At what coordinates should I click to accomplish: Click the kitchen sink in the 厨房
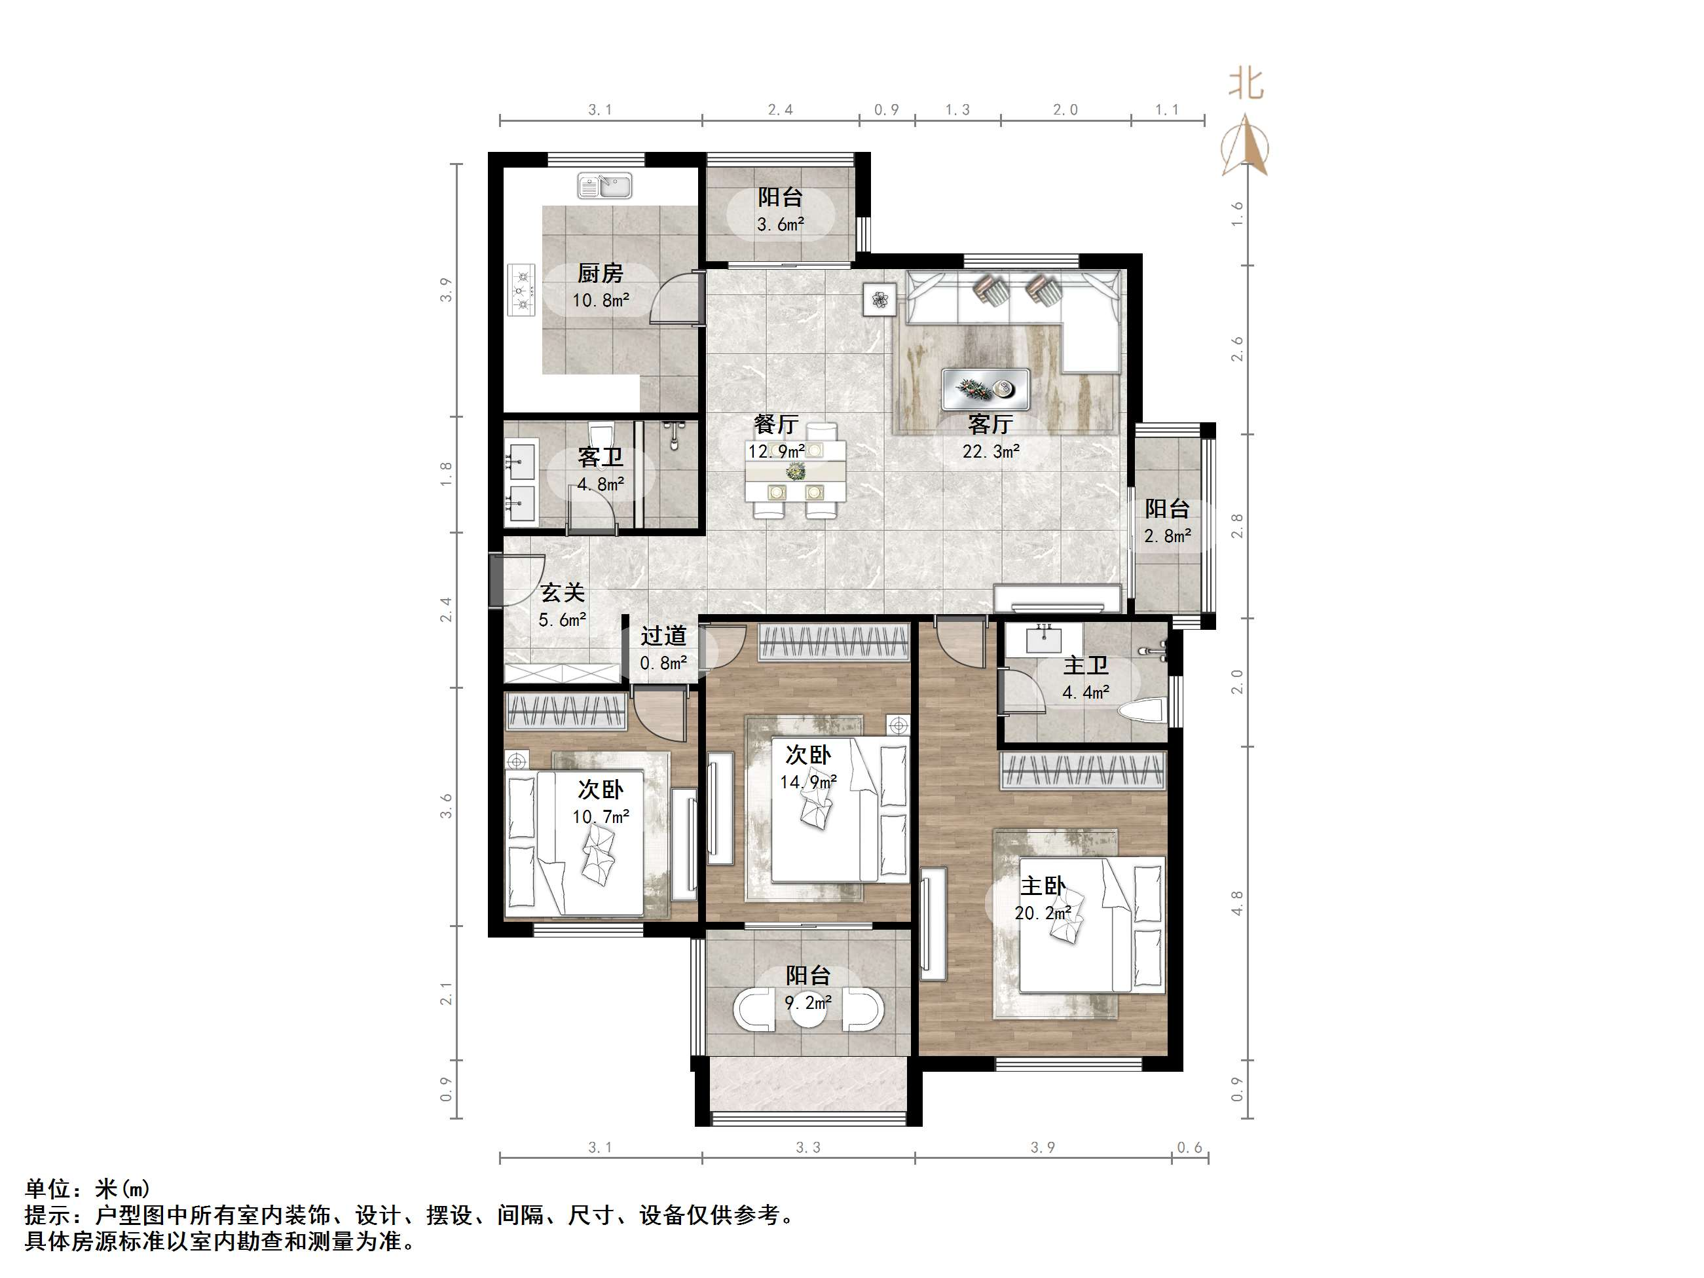pos(604,186)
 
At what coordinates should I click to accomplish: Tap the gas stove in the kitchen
pos(521,291)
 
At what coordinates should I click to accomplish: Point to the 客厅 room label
pos(991,424)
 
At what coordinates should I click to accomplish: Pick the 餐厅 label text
pos(776,424)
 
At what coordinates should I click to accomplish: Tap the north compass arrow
pos(1244,147)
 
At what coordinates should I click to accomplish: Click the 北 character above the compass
pos(1246,83)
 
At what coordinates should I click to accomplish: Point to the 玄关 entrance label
pos(563,593)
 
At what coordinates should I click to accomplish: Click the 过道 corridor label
pos(663,636)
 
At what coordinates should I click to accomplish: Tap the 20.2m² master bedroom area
pos(1043,913)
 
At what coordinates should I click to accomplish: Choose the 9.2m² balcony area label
pos(808,1003)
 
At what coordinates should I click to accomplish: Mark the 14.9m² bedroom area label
pos(808,782)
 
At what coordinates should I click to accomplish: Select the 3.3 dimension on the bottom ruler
pos(808,1148)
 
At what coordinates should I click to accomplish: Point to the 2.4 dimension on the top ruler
pos(781,110)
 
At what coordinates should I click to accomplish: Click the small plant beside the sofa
pos(880,299)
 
